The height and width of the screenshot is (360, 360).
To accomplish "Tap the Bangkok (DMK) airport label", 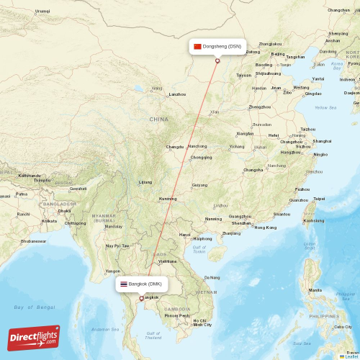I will (145, 284).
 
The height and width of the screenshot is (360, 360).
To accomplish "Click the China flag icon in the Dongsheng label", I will (197, 46).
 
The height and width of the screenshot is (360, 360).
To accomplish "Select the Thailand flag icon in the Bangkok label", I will (124, 284).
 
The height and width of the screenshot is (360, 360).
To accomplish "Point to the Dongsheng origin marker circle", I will (217, 60).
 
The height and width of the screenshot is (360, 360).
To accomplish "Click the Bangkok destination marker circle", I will (141, 298).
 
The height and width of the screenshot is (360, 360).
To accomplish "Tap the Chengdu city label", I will (175, 147).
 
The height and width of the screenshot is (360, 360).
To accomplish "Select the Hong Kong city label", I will (265, 227).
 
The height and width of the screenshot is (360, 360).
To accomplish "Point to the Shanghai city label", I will (322, 141).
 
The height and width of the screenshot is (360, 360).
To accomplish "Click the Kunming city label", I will (168, 199).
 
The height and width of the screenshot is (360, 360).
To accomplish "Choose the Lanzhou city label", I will (177, 94).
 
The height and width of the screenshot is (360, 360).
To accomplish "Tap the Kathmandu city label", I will (30, 175).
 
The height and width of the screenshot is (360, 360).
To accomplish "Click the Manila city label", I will (315, 289).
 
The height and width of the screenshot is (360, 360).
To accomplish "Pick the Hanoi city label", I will (185, 235).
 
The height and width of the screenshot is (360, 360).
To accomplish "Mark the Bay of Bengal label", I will (34, 307).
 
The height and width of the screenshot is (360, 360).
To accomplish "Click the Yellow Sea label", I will (325, 108).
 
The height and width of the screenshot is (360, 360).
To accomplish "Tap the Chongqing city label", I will (201, 157).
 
